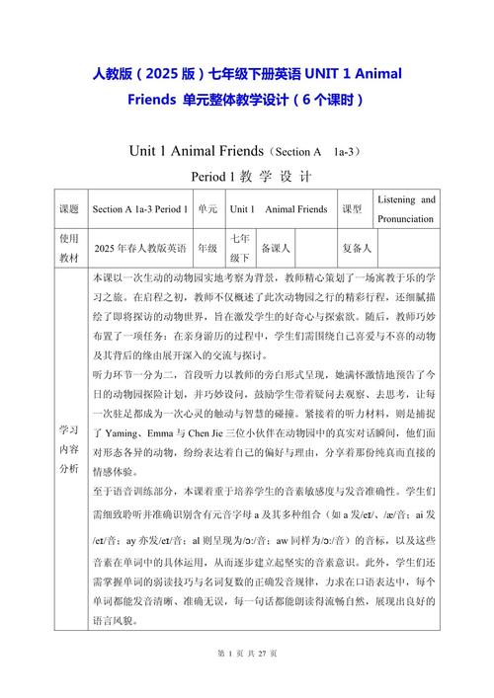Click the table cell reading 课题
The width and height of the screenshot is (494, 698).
click(x=68, y=209)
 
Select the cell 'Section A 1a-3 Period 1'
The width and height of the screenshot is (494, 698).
click(x=139, y=209)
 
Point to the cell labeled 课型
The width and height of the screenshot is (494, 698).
click(x=351, y=209)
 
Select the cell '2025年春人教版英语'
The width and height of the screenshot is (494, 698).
click(x=139, y=248)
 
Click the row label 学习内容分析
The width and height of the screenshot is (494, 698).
click(x=68, y=449)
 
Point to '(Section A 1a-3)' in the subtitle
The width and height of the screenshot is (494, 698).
click(x=316, y=152)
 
